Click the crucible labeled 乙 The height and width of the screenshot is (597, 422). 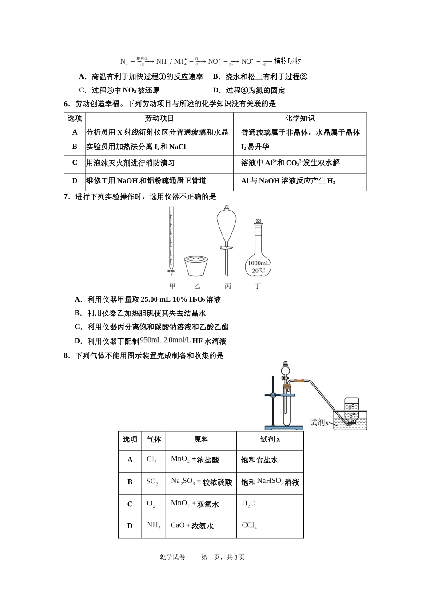(196, 266)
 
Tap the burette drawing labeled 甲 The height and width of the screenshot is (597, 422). (171, 240)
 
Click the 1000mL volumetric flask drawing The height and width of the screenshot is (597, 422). (258, 253)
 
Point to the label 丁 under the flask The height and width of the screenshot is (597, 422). (258, 287)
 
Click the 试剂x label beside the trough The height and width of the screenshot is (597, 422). (319, 422)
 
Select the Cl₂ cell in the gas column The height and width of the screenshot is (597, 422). (152, 460)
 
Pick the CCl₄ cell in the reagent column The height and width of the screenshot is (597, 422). (249, 526)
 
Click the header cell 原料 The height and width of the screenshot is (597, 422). (201, 439)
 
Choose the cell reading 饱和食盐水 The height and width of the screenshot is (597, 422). (259, 460)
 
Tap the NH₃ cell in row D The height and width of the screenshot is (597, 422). (154, 526)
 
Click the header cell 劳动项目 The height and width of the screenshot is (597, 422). (159, 119)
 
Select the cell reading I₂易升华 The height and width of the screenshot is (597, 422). (255, 147)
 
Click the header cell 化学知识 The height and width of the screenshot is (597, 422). (300, 119)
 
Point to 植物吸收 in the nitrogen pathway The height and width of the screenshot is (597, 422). (287, 61)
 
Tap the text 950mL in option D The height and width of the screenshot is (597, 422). (151, 340)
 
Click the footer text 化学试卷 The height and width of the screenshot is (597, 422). (172, 557)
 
